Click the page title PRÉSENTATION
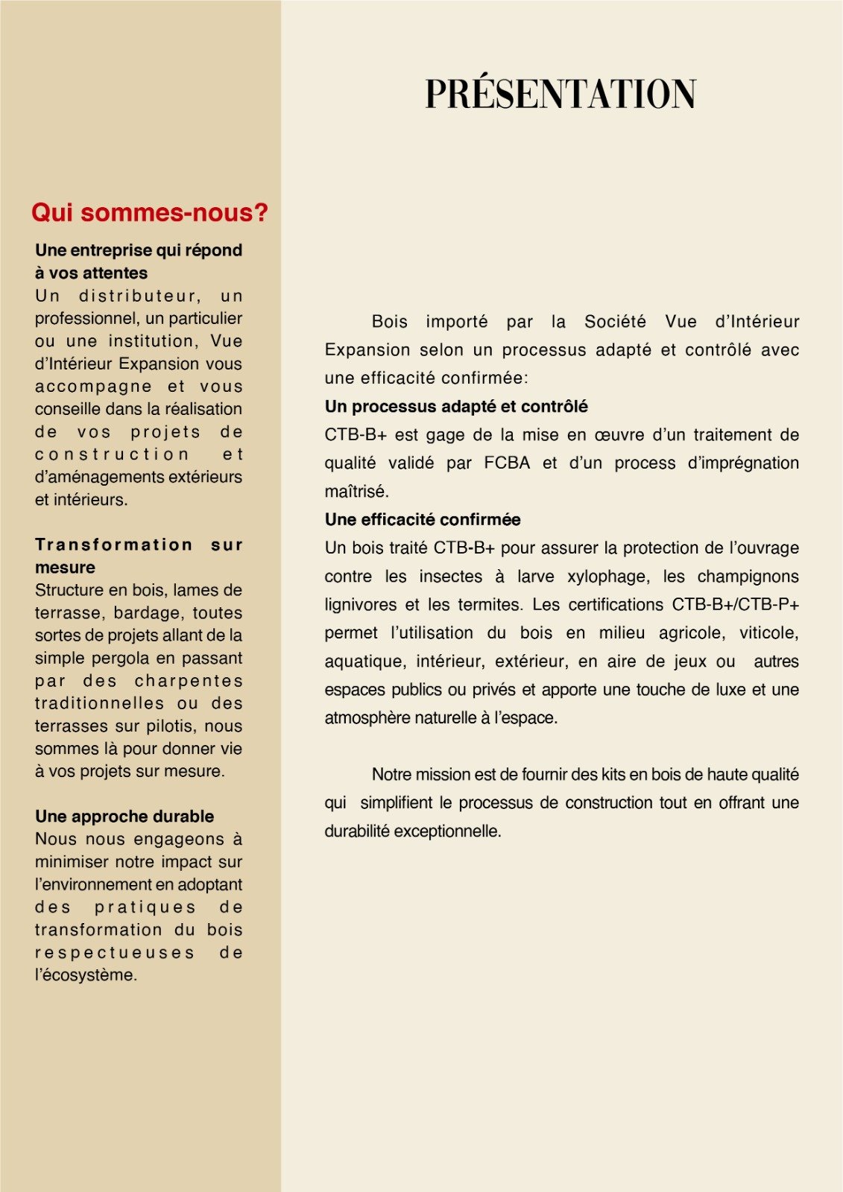[x=561, y=94]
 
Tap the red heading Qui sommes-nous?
[x=149, y=213]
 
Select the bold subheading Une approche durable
[x=124, y=817]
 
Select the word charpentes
[x=189, y=681]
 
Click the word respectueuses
[x=115, y=953]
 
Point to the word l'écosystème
[x=86, y=975]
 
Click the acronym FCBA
[x=507, y=463]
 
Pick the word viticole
[x=768, y=633]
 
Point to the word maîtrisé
[x=356, y=492]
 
